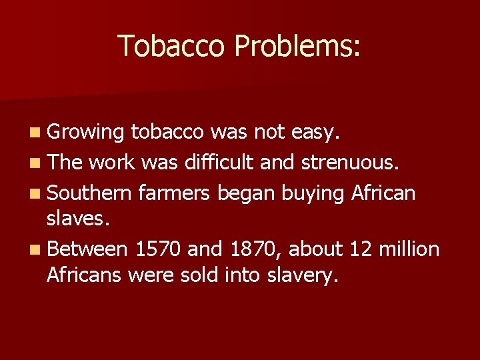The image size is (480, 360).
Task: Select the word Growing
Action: pos(86,133)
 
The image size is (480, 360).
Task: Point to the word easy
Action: pos(316,133)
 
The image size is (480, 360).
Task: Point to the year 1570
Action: pos(157,249)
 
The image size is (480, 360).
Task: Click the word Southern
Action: pos(90,193)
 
